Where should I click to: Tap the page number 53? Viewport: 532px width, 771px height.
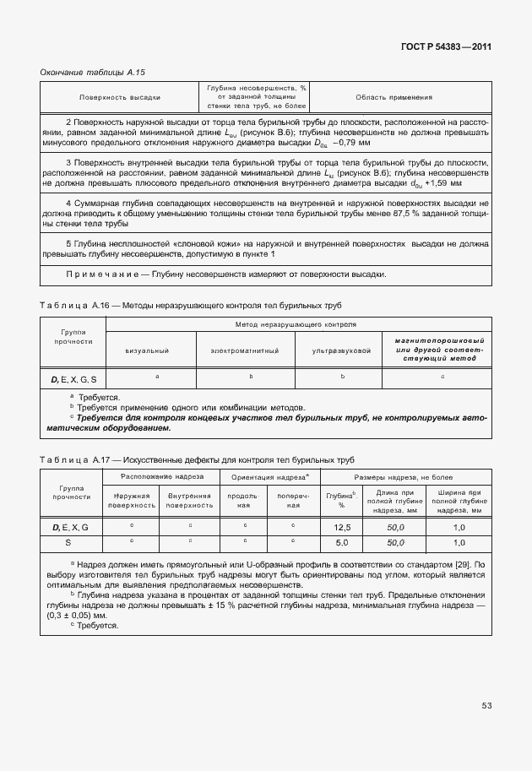click(x=486, y=706)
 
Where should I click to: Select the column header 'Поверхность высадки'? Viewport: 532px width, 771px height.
click(x=120, y=97)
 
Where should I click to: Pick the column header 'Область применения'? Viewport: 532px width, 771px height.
click(x=394, y=97)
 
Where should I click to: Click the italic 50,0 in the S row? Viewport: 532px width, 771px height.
click(x=396, y=542)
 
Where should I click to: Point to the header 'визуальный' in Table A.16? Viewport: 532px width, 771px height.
click(x=148, y=350)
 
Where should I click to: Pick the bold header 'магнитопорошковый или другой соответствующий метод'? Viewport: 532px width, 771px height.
click(x=438, y=350)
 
